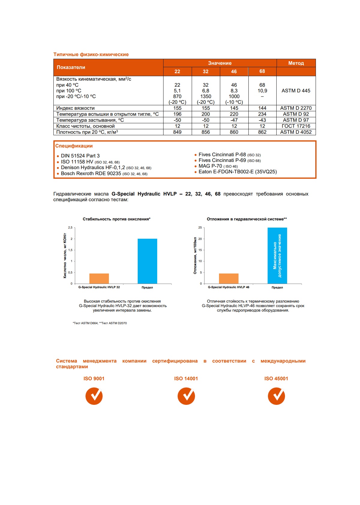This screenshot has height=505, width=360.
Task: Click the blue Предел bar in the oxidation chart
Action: (147, 261)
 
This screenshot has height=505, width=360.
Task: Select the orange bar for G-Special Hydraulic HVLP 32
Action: (99, 278)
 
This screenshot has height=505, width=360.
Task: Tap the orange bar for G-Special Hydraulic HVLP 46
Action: (229, 278)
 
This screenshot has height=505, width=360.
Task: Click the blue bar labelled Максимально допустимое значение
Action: (277, 255)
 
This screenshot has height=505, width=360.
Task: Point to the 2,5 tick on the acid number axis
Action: (70, 228)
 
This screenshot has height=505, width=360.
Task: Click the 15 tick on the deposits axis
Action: (200, 250)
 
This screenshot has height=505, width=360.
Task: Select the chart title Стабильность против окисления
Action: (116, 219)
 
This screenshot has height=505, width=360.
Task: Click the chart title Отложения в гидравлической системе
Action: (247, 219)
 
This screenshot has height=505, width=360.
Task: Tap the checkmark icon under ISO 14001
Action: (186, 396)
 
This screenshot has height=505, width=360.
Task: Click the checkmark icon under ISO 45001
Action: (276, 396)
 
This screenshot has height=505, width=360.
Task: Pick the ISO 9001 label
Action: (94, 378)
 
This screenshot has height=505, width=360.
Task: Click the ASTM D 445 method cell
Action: (296, 91)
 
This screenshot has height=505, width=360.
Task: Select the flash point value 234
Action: (262, 114)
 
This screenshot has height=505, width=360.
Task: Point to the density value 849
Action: (177, 132)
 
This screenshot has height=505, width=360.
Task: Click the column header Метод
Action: (296, 63)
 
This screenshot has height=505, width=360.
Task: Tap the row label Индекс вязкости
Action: (75, 108)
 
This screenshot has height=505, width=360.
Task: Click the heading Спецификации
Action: (74, 146)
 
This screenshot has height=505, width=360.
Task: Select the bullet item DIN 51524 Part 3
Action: (80, 156)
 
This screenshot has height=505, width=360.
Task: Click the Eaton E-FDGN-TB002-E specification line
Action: (237, 172)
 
